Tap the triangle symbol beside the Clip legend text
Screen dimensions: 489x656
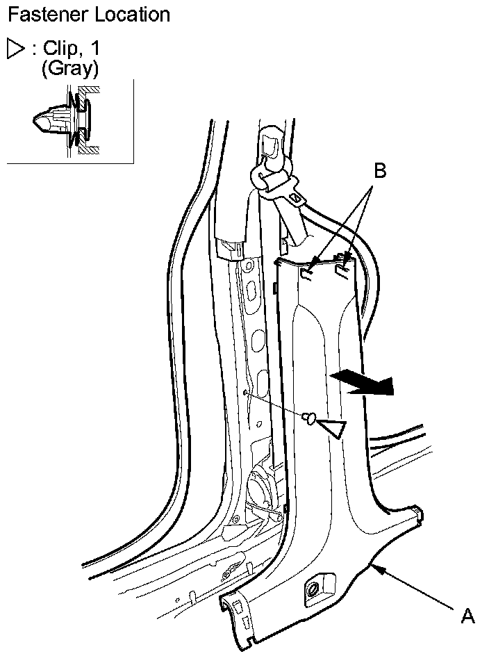pos(15,49)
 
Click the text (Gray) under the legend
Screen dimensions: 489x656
pos(70,68)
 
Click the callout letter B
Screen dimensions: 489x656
pos(379,172)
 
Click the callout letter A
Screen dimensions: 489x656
pos(468,616)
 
